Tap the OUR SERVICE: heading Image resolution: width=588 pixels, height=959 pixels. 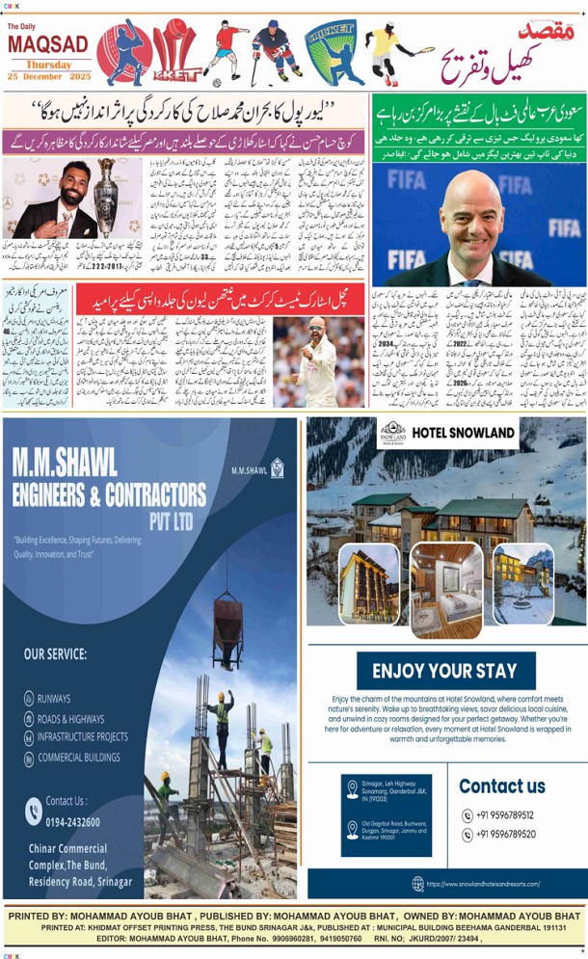click(55, 654)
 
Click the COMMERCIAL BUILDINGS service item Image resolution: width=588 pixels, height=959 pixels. click(88, 757)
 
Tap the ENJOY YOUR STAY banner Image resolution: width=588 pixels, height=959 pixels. click(445, 671)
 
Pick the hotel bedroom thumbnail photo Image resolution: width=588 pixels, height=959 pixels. click(446, 590)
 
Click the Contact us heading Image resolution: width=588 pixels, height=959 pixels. click(502, 786)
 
